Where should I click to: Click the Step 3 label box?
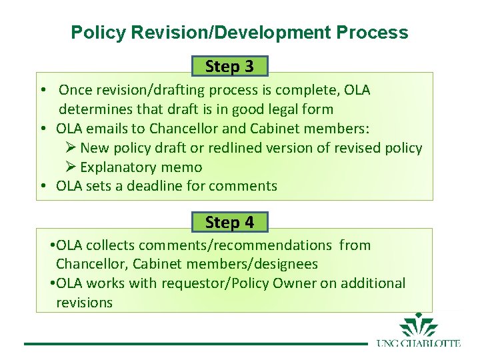[229, 66]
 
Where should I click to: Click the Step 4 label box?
[229, 222]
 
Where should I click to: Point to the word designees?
[283, 264]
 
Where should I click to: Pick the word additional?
[373, 283]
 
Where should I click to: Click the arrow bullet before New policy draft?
[71, 147]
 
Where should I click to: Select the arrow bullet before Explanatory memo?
[71, 167]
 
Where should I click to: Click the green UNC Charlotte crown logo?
[418, 325]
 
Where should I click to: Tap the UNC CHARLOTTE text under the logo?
[418, 343]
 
